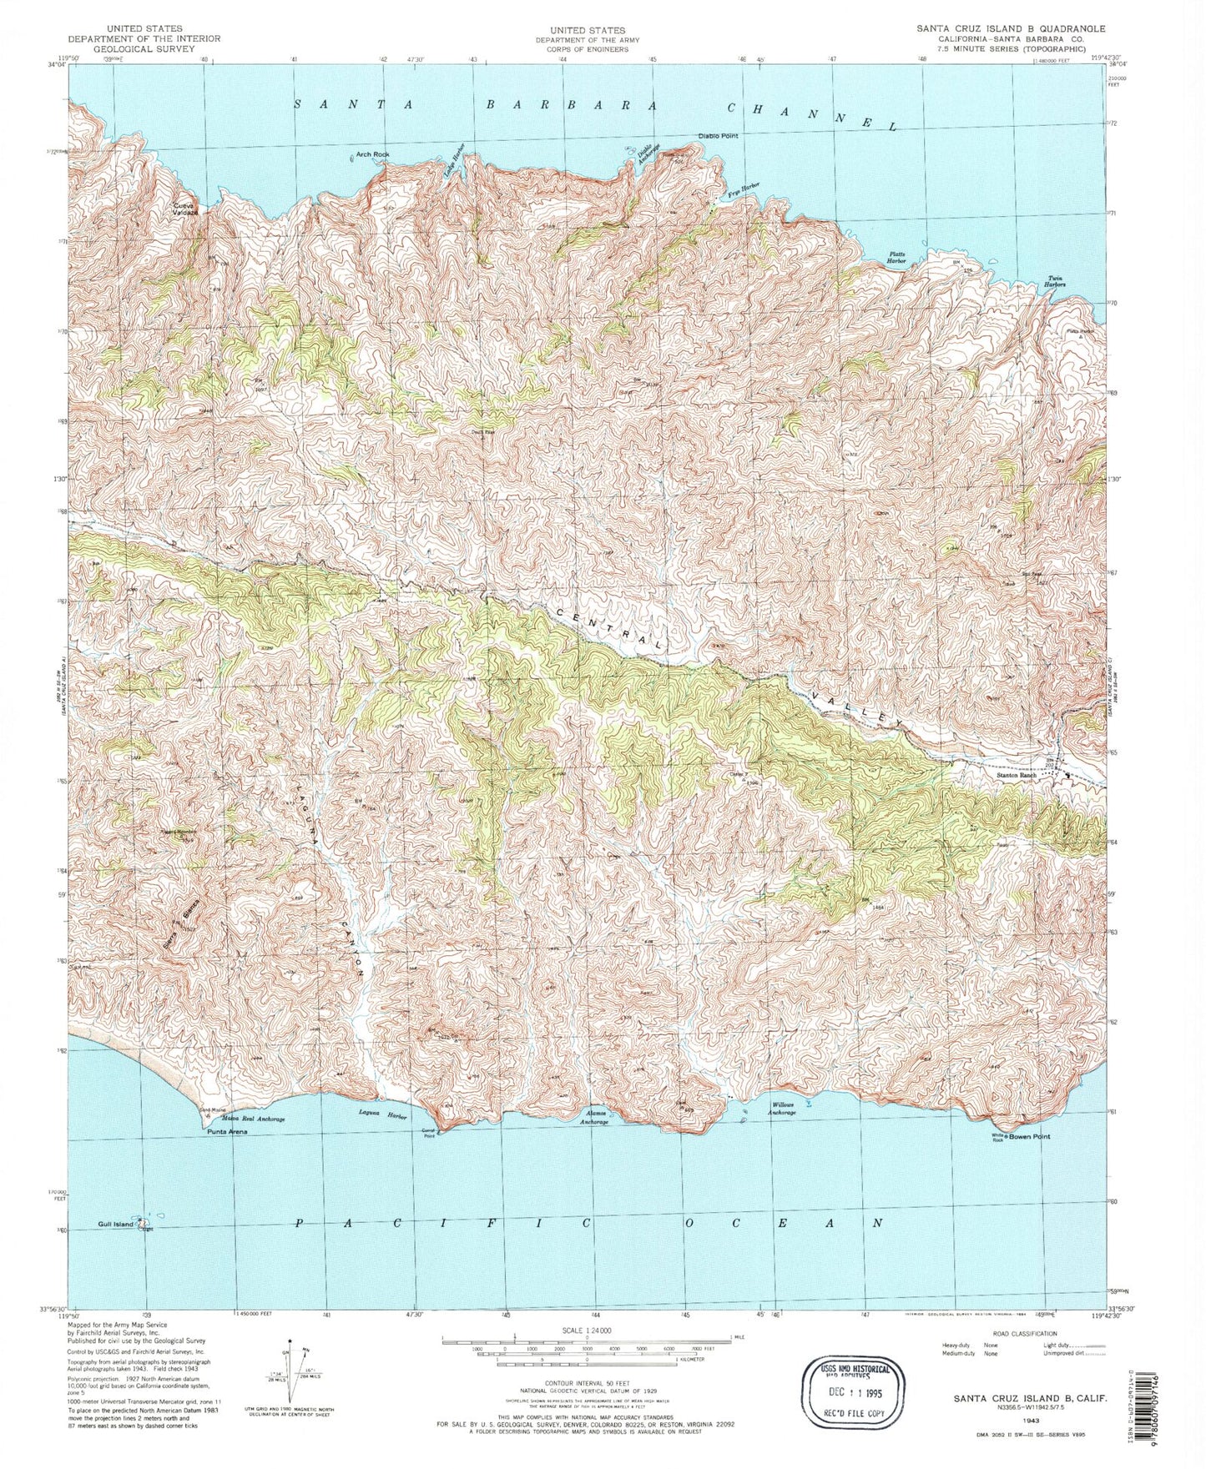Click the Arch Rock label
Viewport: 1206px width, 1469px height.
click(x=373, y=154)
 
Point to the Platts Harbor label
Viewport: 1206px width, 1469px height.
click(x=896, y=258)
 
